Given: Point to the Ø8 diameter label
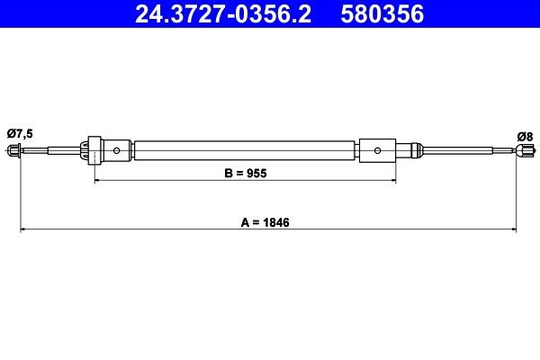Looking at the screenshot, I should [525, 136].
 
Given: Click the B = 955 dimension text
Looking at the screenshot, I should [245, 171].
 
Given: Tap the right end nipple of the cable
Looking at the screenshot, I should [519, 151].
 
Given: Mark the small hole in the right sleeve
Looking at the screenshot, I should [379, 149].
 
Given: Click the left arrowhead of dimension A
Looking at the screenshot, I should [23, 230].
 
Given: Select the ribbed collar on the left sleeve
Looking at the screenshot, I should [93, 149].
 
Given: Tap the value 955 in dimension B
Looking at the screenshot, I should [257, 171].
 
